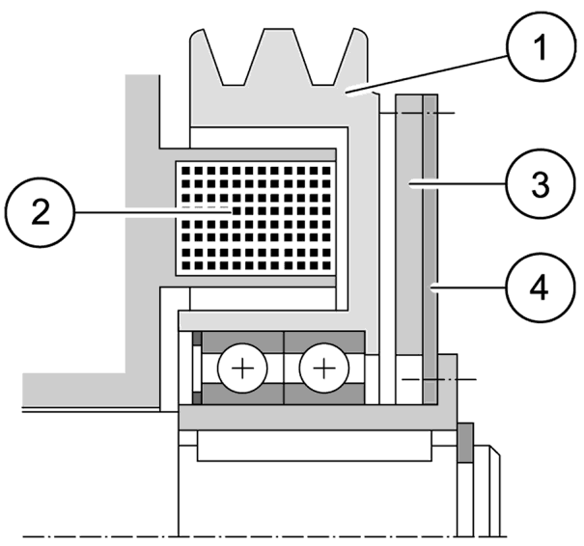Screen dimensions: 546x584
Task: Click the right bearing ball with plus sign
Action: (x=320, y=369)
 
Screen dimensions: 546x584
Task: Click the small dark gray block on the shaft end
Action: (x=464, y=443)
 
